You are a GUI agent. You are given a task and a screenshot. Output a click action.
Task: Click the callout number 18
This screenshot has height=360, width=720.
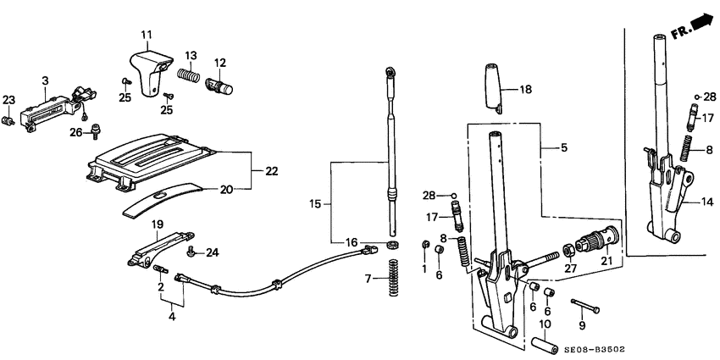pos(525,89)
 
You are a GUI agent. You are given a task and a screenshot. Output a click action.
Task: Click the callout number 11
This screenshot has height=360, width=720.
pos(146,35)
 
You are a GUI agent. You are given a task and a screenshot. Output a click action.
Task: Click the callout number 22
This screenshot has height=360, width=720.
pos(271,171)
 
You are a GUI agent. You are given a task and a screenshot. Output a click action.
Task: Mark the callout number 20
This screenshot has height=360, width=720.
pos(226,189)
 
